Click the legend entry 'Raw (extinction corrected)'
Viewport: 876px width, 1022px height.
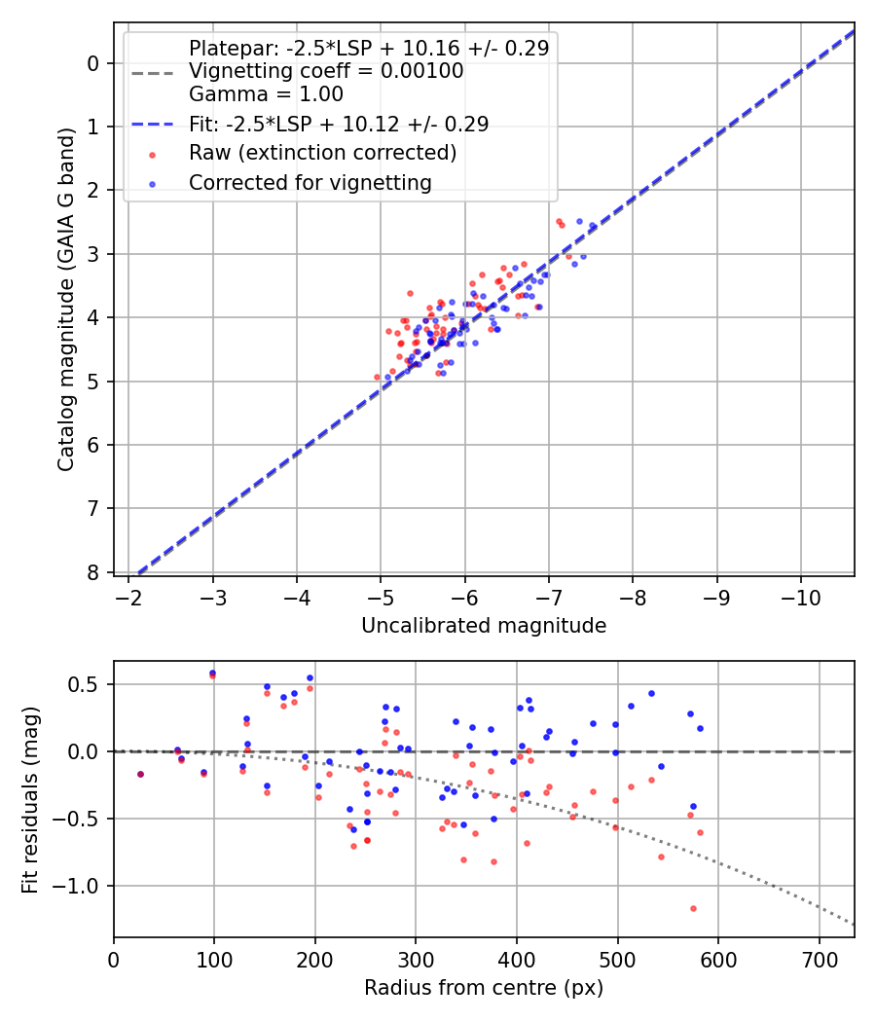(322, 153)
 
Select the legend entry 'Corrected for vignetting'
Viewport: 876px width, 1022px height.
(310, 182)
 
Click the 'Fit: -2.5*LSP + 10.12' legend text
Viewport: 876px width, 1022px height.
(338, 124)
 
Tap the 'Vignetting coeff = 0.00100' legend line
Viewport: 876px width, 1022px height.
(326, 71)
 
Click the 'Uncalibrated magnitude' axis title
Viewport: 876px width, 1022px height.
(484, 626)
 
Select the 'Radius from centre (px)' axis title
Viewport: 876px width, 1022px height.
(484, 988)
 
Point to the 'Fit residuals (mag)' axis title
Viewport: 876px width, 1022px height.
(30, 799)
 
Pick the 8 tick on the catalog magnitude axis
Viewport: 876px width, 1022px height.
(93, 572)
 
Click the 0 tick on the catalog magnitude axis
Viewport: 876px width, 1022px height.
(93, 63)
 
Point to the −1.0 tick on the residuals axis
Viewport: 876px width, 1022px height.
(81, 886)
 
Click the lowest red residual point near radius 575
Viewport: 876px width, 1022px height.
(693, 908)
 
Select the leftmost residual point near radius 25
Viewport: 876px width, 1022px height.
(140, 774)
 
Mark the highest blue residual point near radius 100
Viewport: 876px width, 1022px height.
(212, 673)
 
